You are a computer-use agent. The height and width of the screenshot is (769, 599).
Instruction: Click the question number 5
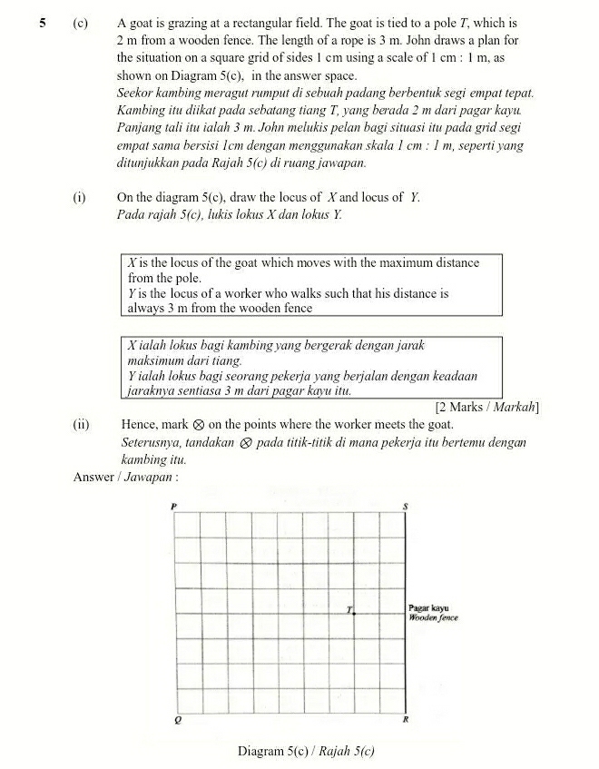(43, 22)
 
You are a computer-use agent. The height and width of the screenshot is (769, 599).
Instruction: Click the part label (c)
(80, 22)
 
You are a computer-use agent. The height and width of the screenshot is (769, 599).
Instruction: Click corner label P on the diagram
(174, 505)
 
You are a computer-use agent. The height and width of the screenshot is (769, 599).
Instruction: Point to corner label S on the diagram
(406, 505)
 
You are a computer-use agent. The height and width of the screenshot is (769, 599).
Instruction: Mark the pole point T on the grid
(354, 614)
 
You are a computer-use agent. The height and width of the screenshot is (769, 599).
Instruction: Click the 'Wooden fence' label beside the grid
(434, 617)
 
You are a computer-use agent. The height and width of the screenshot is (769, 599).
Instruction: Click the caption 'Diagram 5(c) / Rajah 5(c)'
(306, 751)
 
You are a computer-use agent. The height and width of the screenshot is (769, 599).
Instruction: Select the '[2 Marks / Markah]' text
(487, 406)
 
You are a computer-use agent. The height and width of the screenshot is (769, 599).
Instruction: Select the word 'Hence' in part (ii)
(138, 424)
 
